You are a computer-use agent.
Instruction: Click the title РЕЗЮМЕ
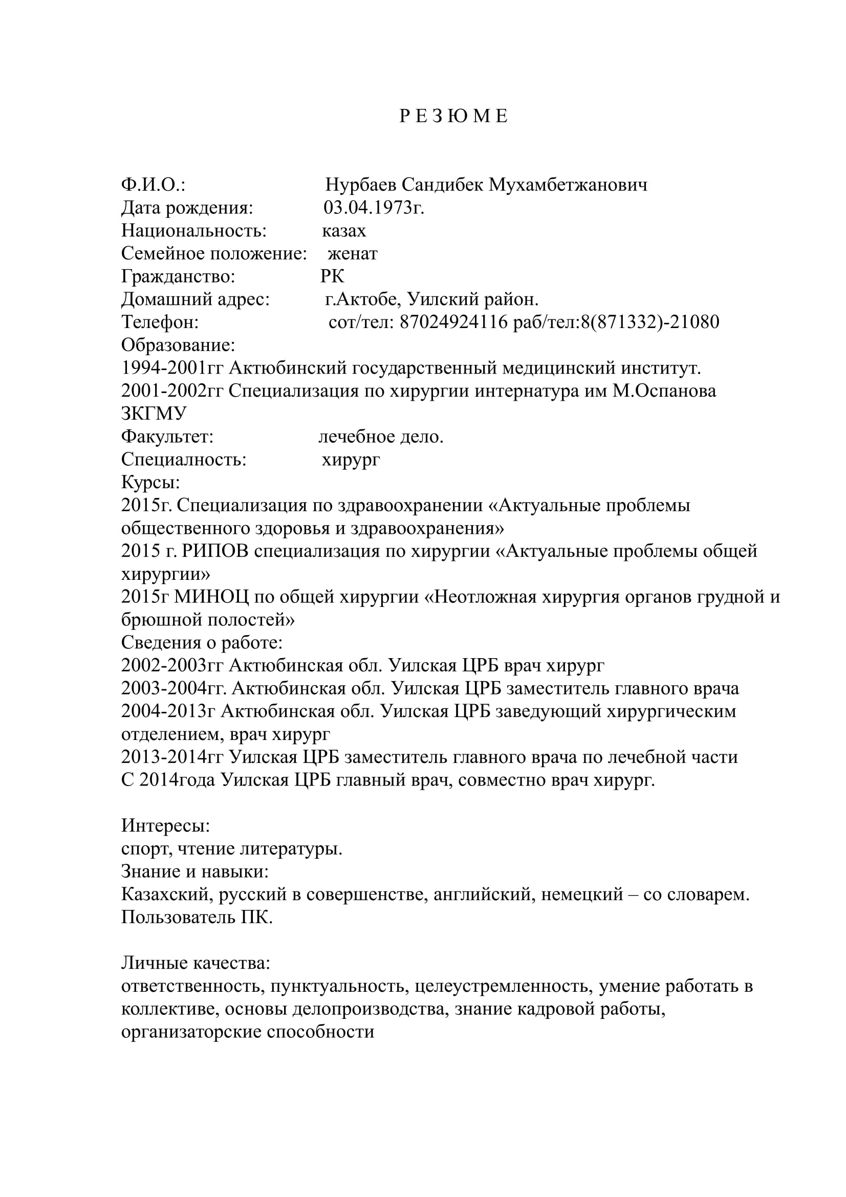(x=453, y=116)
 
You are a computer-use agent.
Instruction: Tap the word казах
(x=344, y=230)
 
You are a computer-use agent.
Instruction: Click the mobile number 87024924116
(x=453, y=322)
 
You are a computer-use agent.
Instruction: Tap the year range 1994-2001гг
(x=172, y=368)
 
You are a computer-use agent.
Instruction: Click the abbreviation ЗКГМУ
(x=154, y=414)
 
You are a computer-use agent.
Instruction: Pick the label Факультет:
(x=167, y=437)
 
